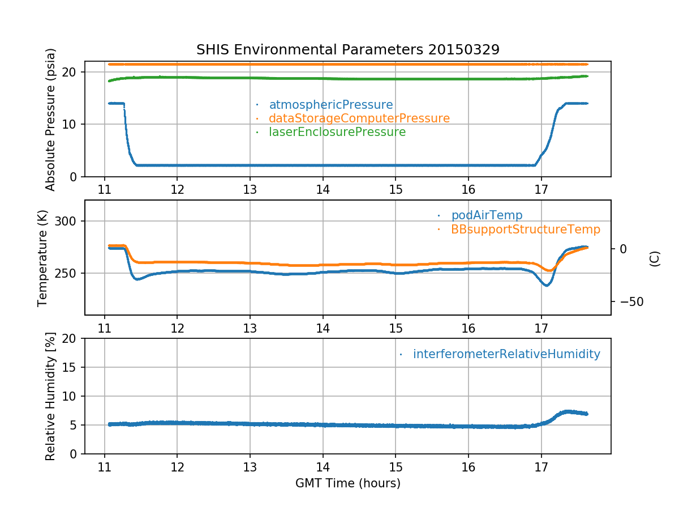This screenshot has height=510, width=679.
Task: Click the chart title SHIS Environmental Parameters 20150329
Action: point(347,49)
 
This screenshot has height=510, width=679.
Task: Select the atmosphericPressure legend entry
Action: point(330,105)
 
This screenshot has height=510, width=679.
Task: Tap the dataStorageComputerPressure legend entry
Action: point(359,118)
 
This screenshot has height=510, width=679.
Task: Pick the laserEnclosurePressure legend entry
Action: point(337,132)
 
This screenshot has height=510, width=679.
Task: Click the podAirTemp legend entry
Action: point(487,215)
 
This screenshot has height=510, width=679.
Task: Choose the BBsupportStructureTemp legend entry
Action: point(525,229)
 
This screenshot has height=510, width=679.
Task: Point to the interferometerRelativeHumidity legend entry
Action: point(506,354)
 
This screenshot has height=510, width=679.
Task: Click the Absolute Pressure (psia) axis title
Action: point(50,119)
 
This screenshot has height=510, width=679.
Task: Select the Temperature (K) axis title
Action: point(43,257)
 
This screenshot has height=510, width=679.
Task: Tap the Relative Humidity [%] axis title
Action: point(50,396)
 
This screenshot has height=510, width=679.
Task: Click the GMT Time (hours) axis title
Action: point(347,483)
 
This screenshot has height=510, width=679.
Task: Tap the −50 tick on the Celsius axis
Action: point(630,301)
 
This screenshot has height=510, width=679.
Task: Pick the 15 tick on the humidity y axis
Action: point(71,367)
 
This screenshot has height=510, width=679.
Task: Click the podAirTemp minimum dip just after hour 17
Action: point(546,285)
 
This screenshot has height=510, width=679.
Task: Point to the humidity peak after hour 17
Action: point(568,411)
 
